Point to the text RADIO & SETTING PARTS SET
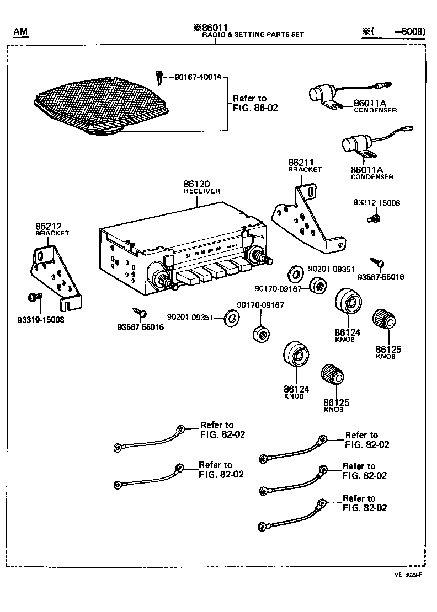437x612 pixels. (253, 35)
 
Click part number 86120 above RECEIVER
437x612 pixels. (197, 183)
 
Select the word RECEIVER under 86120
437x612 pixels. (201, 191)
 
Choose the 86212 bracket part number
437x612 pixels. (49, 226)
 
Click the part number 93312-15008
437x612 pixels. (377, 203)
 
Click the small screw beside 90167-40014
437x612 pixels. (159, 77)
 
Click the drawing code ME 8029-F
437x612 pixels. (407, 575)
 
